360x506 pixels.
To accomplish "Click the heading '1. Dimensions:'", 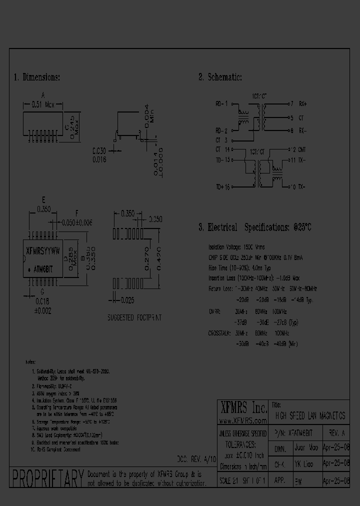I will [x=37, y=77].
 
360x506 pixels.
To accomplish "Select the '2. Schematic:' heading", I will [x=220, y=77].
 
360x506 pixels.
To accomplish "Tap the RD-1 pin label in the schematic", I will [x=221, y=104].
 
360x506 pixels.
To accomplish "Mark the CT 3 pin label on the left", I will [x=221, y=140].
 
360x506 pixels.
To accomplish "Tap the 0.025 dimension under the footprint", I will [x=127, y=300].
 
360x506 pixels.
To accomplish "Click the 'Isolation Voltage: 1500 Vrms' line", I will [x=236, y=247].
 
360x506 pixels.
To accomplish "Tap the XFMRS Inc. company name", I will [x=243, y=406].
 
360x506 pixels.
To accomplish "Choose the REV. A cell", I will [x=336, y=432].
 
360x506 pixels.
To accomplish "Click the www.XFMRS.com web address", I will [x=243, y=421].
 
